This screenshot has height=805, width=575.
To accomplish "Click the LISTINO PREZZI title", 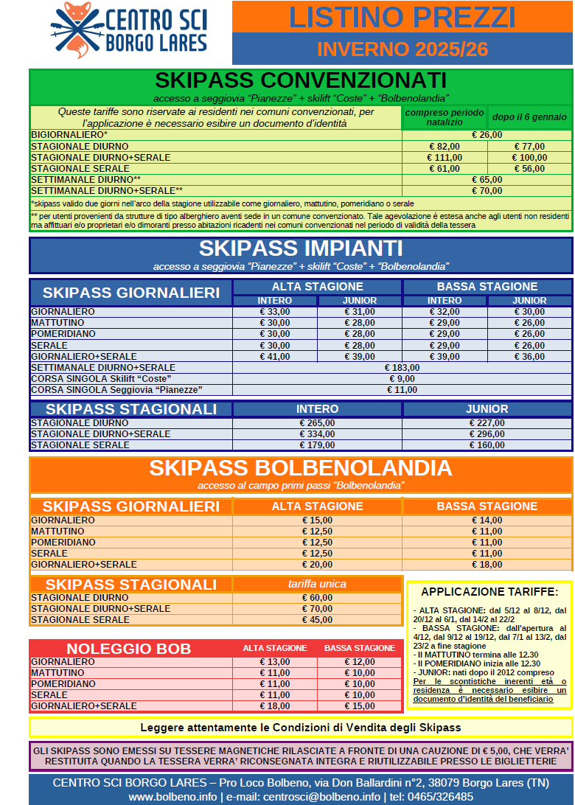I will (x=402, y=17).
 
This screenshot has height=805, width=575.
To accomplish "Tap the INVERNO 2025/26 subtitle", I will (x=402, y=49).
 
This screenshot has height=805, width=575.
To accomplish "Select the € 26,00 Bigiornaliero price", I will (x=487, y=135).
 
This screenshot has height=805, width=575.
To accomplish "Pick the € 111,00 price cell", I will (x=444, y=158).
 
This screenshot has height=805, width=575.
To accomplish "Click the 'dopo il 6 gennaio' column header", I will (x=529, y=116).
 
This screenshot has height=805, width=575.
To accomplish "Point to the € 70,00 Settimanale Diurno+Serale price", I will (x=487, y=191).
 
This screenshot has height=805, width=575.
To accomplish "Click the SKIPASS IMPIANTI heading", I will (x=301, y=248).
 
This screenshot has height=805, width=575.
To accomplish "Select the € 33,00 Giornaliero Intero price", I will (x=275, y=312).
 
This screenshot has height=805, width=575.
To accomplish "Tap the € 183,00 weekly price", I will (x=402, y=367).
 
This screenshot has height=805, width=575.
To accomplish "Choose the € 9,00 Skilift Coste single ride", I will (x=402, y=378).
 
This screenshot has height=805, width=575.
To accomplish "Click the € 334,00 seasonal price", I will (x=317, y=434).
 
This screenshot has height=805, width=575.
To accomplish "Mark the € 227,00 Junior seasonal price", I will (x=487, y=423).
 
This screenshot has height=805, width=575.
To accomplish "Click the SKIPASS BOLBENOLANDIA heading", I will (x=301, y=468).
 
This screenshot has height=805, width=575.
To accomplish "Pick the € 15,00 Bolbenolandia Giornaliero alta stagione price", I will (x=317, y=520).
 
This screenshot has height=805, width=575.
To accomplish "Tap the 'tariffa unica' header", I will (x=317, y=584).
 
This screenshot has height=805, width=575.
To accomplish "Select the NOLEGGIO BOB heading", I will (x=129, y=649).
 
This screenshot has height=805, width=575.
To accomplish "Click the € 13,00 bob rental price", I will (x=275, y=662).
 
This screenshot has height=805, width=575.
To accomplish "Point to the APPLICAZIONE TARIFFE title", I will (x=489, y=591).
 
